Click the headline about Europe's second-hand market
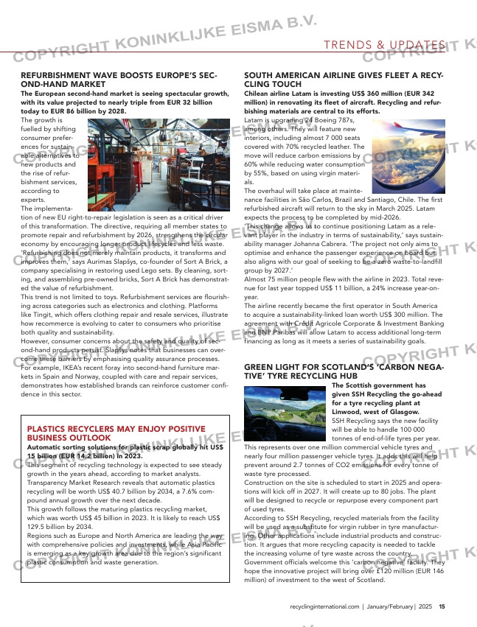118,80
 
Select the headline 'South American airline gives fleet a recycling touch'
343,80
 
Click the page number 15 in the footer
442,607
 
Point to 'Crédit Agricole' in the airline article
318,323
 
